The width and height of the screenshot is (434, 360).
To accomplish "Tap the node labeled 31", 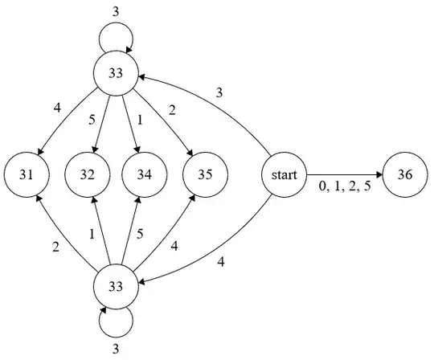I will coord(27,174).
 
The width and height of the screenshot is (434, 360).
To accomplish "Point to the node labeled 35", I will coord(206,174).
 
